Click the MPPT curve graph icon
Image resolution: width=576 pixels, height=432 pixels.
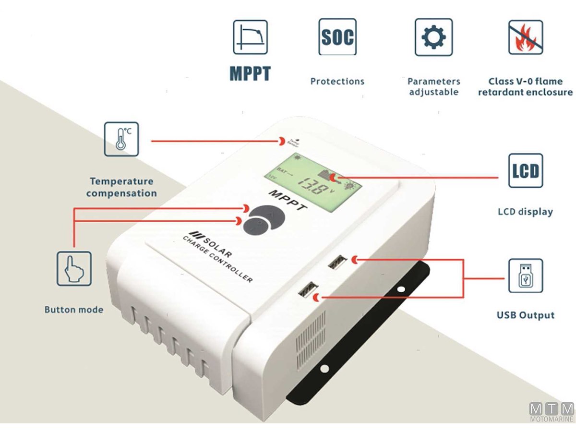pyautogui.click(x=250, y=37)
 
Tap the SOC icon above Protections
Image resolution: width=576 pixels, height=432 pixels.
pyautogui.click(x=337, y=37)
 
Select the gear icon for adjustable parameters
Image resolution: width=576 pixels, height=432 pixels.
pyautogui.click(x=433, y=37)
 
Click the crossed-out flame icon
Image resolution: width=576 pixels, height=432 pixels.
pyautogui.click(x=526, y=37)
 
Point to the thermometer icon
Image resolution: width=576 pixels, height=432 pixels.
pyautogui.click(x=121, y=139)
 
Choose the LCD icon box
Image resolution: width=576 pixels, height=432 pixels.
pyautogui.click(x=526, y=171)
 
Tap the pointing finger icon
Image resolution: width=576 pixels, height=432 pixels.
pyautogui.click(x=74, y=268)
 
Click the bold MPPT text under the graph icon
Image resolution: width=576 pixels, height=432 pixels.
pyautogui.click(x=250, y=73)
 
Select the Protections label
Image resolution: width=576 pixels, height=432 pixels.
pyautogui.click(x=337, y=81)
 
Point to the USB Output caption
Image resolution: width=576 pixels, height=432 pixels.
pyautogui.click(x=526, y=315)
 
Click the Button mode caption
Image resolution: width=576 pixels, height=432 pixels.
pyautogui.click(x=74, y=310)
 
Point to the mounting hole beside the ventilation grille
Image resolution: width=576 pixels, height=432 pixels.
pyautogui.click(x=324, y=369)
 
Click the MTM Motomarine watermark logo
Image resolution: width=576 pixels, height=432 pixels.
pyautogui.click(x=552, y=412)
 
